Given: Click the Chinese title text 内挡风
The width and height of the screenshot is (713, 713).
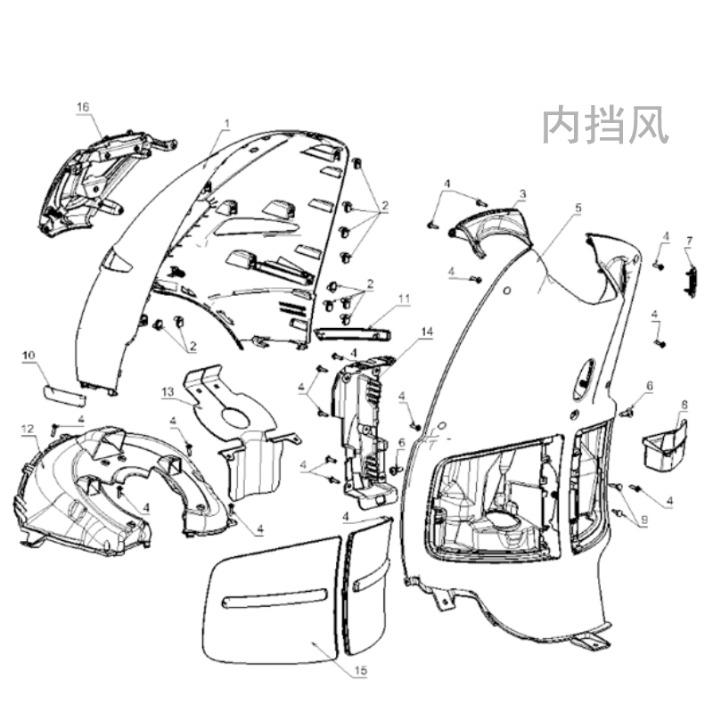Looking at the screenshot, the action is (605, 126).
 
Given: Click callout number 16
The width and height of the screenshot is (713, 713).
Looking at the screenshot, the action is (83, 107).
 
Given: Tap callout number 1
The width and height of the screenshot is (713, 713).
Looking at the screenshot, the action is (226, 123).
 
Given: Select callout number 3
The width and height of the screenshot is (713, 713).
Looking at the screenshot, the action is (523, 193).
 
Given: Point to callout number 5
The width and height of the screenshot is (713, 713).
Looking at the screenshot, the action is (578, 208).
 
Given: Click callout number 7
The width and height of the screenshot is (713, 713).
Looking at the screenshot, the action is (689, 241).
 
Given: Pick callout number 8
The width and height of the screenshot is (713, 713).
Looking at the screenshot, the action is (684, 404).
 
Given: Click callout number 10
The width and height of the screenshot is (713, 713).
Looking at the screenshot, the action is (29, 355).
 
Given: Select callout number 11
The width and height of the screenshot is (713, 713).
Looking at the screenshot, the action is (405, 299).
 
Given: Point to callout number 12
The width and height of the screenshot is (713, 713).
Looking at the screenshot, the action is (27, 429).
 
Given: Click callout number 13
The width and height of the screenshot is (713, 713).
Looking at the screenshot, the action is (168, 391).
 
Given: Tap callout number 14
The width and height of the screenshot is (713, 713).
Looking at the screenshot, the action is (428, 332).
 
